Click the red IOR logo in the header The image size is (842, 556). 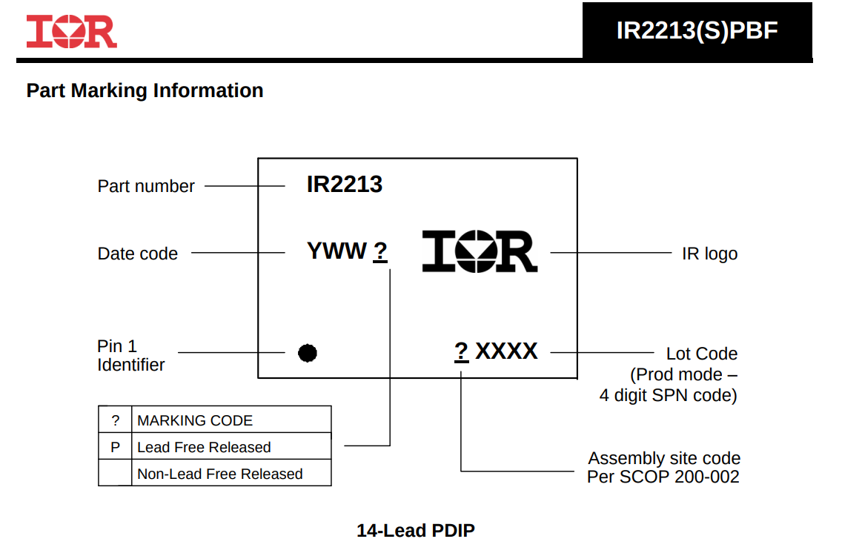click(x=71, y=31)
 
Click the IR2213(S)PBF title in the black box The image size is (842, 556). click(x=697, y=30)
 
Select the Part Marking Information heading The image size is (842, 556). click(x=145, y=90)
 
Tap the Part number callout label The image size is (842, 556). click(x=146, y=186)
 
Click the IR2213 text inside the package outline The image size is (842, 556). click(x=345, y=185)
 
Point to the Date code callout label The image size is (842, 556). click(x=137, y=254)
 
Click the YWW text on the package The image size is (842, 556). click(x=337, y=251)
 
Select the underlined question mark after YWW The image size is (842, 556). click(x=380, y=251)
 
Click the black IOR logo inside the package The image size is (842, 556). click(x=480, y=251)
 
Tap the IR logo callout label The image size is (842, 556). click(x=710, y=254)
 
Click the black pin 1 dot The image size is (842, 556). click(x=308, y=353)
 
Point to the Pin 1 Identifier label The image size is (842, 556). click(x=131, y=355)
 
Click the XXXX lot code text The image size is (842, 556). click(x=506, y=351)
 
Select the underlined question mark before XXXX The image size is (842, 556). click(x=461, y=352)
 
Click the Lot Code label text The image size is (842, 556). click(x=702, y=354)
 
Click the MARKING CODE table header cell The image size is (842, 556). click(x=231, y=420)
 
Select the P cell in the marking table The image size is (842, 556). click(x=116, y=447)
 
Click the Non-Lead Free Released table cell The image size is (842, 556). click(x=231, y=473)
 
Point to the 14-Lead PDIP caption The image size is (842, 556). click(x=416, y=531)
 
